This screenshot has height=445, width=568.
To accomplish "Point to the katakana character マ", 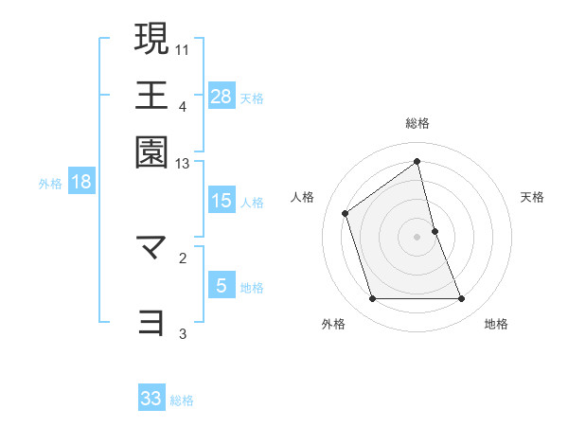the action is coord(152,249).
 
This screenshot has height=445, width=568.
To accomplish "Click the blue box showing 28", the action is coord(222,96).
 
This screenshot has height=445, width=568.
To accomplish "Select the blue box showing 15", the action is coord(222,201).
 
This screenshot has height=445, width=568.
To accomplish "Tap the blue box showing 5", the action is coord(221,286).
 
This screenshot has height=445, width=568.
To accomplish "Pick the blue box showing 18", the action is coord(81,182).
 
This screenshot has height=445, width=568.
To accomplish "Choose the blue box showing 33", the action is coord(151,399).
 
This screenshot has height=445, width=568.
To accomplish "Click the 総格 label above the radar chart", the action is coord(417,123).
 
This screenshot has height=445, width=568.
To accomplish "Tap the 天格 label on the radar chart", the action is coord(532,197).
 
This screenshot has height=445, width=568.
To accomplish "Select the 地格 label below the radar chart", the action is coord(496,325).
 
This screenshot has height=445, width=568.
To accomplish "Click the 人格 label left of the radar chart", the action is coord(303,197).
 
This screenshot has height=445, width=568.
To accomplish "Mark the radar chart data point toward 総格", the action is coord(417,162).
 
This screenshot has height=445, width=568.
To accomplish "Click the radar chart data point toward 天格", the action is coord(435,230).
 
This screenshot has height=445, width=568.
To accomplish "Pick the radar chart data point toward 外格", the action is coord(372,299).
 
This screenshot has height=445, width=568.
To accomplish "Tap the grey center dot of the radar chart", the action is coord(417,236).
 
